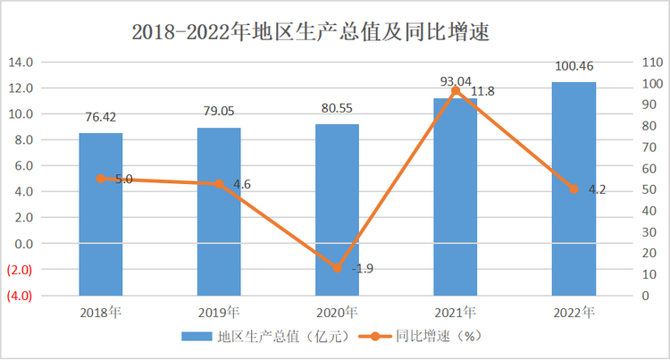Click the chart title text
313,32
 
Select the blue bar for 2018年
100,214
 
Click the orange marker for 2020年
337,268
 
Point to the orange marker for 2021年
456,91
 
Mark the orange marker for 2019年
219,183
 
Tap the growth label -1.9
362,269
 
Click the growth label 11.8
482,92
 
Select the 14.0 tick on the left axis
21,63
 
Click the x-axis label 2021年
456,313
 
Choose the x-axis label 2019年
219,313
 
